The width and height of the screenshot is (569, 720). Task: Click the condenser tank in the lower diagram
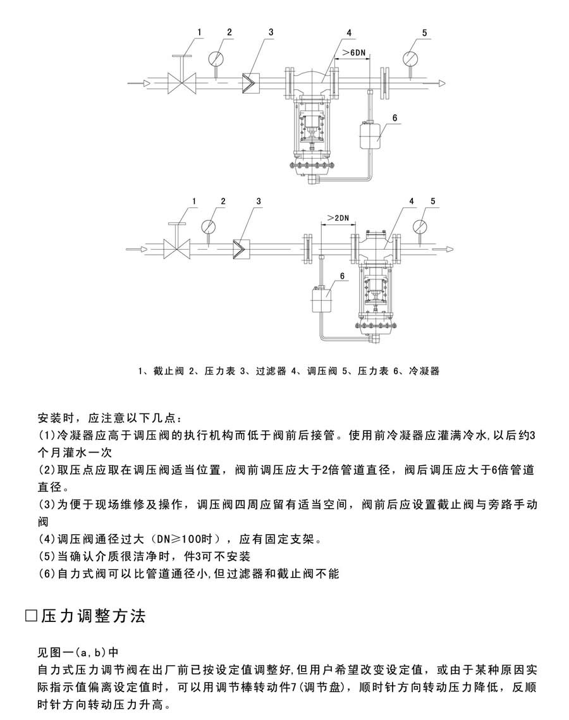click(322, 300)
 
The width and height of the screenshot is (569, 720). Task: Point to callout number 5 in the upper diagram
click(425, 33)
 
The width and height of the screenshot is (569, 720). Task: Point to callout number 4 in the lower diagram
click(412, 201)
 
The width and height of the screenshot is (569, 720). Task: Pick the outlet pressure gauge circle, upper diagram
click(410, 58)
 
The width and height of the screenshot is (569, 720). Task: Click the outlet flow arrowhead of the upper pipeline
click(441, 83)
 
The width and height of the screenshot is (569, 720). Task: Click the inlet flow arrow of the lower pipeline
click(137, 249)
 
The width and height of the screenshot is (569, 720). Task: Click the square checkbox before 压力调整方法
click(31, 616)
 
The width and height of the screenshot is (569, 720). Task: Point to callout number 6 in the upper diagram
click(395, 118)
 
